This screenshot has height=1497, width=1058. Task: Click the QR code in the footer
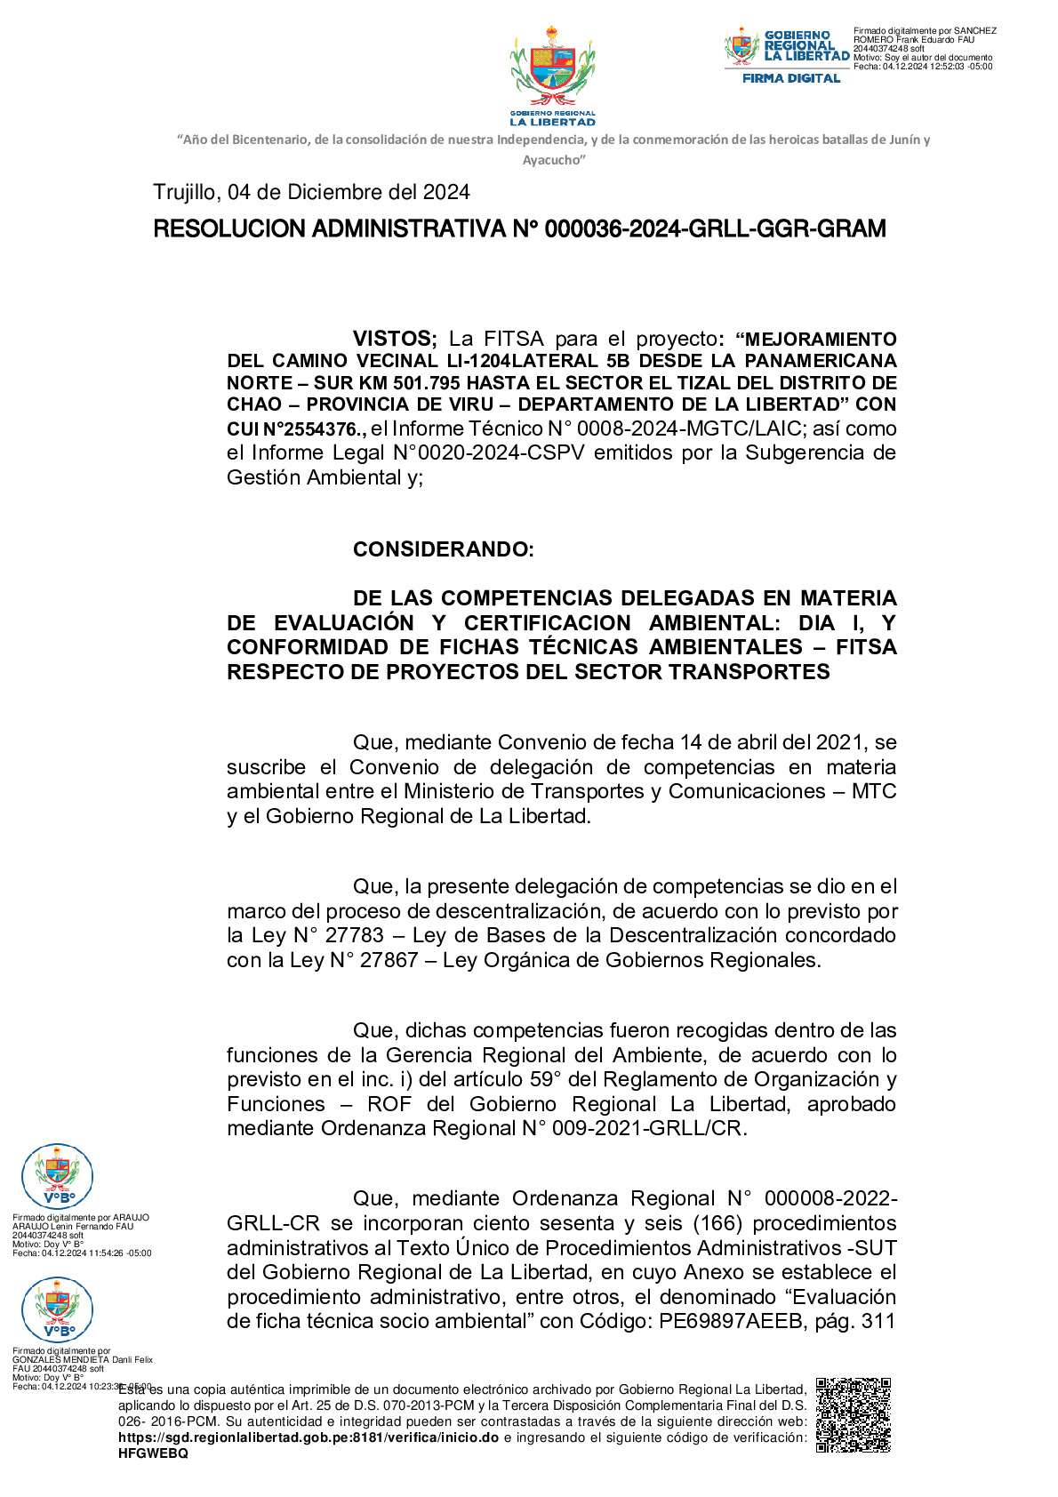coord(853,1414)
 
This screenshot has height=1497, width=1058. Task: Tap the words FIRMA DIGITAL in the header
coord(791,78)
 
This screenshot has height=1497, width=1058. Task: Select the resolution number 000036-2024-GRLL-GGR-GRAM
coord(715,229)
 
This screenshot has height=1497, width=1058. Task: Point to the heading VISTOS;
coord(395,339)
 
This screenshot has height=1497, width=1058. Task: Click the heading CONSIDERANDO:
coord(443,549)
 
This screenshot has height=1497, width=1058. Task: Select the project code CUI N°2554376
coord(295,429)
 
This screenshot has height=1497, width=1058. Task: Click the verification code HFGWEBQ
coord(153,1453)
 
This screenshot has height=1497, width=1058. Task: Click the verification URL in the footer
coord(308,1437)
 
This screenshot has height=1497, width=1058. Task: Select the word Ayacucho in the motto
coord(553,160)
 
